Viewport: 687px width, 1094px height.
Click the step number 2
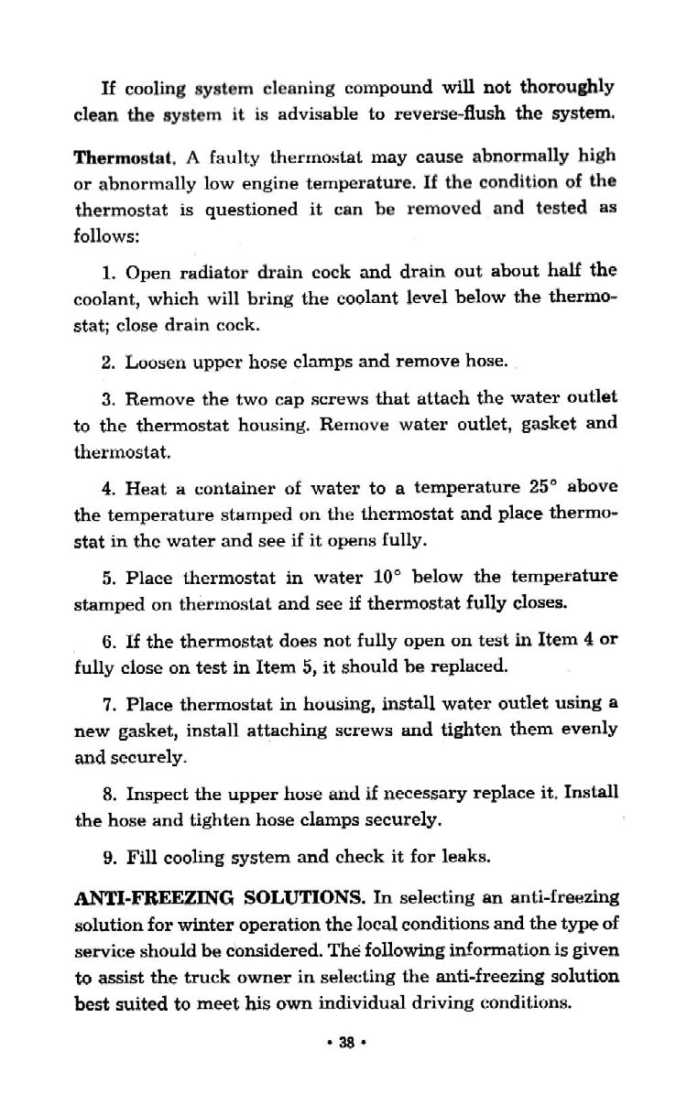pyautogui.click(x=107, y=363)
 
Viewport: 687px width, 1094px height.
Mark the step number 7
pyautogui.click(x=107, y=705)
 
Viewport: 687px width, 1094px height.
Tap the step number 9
pyautogui.click(x=107, y=859)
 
